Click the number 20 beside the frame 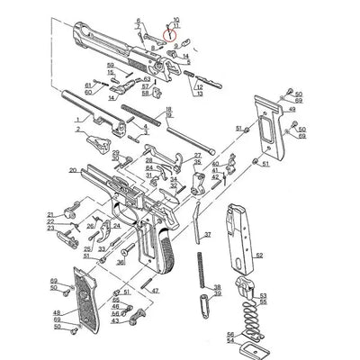[72, 170]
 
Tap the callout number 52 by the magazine [259, 256]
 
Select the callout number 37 [208, 234]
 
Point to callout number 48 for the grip [56, 311]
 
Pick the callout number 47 [155, 291]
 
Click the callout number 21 [51, 214]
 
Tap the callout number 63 [147, 79]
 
